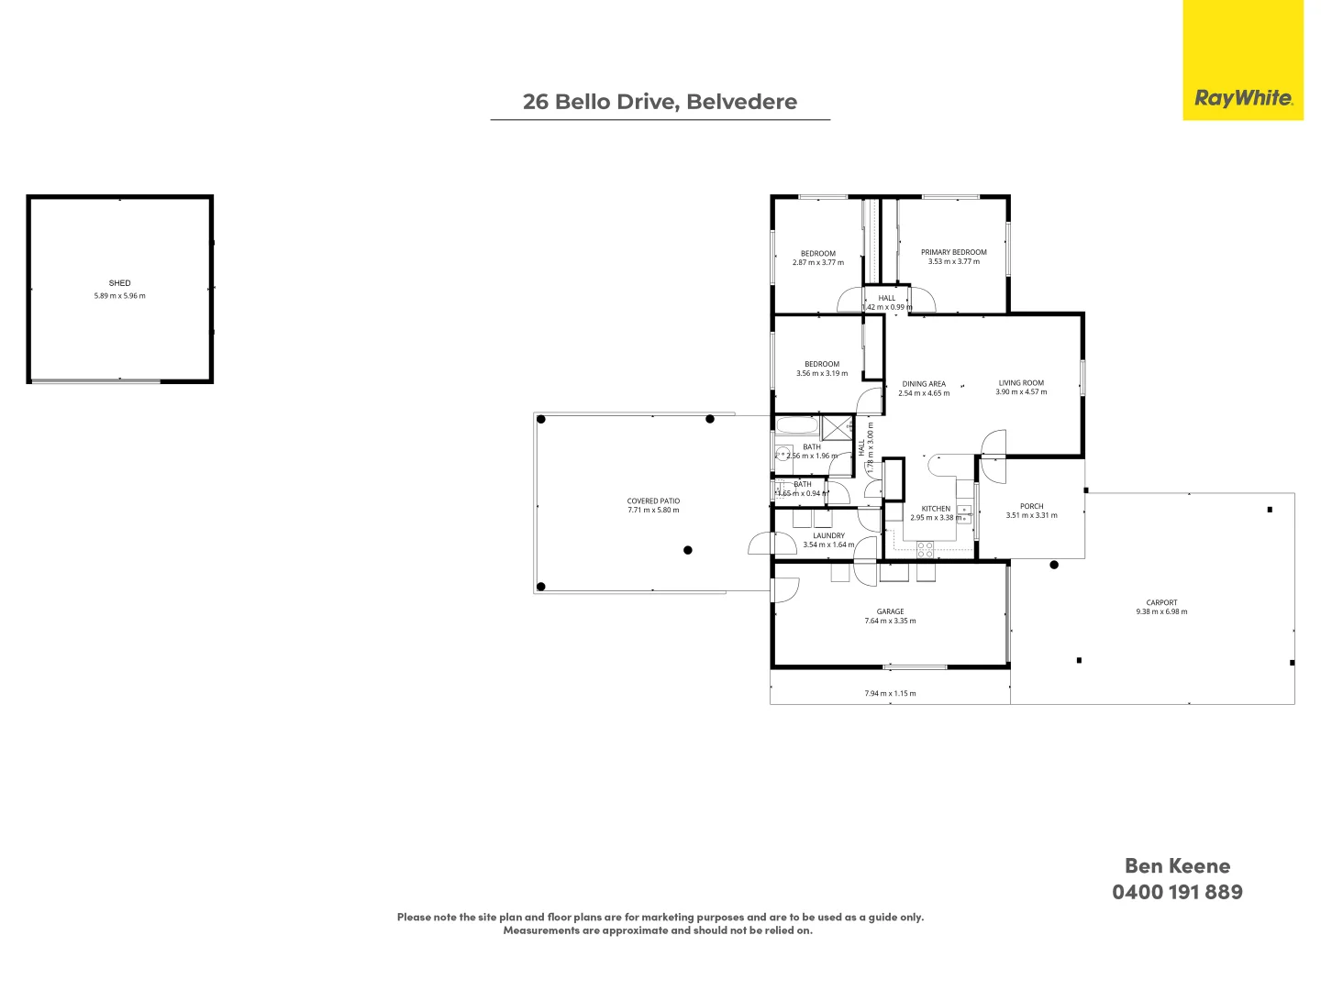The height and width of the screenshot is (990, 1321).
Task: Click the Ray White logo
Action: (1242, 98)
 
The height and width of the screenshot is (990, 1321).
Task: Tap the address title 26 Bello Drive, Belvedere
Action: (660, 102)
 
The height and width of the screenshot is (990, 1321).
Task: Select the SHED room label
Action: (119, 283)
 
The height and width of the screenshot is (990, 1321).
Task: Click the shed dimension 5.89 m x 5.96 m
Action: (119, 296)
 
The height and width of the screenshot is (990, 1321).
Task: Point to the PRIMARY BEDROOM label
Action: (953, 252)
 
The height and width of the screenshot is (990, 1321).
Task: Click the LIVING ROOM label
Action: (1021, 383)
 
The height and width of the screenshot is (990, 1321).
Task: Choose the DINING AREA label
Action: (923, 384)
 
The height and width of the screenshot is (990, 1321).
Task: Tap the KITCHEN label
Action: (936, 509)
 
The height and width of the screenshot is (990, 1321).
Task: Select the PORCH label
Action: (1031, 506)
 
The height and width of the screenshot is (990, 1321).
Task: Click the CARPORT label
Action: (1161, 603)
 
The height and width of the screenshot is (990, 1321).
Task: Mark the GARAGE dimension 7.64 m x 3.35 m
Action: (890, 621)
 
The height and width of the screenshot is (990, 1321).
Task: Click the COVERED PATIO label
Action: (653, 501)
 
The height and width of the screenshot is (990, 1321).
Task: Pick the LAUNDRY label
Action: (828, 535)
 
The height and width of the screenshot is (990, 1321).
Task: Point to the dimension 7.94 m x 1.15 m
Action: (890, 694)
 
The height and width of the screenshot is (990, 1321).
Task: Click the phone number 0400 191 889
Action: (1177, 892)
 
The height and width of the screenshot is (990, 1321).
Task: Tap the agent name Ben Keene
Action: (1177, 865)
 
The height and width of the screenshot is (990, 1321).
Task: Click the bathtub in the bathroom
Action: (796, 426)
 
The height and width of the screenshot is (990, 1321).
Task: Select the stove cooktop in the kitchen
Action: (925, 549)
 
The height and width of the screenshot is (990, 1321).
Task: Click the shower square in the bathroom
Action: (836, 428)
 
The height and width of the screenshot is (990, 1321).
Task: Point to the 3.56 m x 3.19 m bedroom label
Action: (821, 373)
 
